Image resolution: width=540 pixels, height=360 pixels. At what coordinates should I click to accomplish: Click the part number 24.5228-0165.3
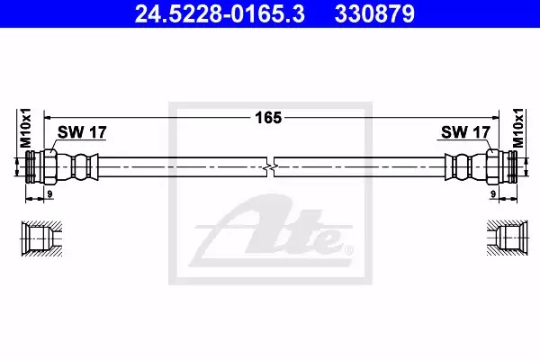(220, 14)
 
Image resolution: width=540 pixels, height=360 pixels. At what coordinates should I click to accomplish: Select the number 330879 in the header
(374, 14)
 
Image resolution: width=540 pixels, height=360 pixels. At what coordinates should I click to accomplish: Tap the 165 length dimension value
(268, 118)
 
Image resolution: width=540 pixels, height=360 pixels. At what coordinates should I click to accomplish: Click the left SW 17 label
(82, 132)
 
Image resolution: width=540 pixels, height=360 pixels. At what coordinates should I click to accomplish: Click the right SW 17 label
(465, 132)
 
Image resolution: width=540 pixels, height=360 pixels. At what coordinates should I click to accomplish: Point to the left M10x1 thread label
(25, 128)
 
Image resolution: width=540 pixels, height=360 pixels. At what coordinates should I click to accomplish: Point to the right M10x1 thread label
(517, 128)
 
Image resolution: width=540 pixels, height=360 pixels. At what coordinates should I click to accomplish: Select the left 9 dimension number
(49, 194)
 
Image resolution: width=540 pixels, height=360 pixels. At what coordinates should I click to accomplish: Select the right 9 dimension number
(493, 194)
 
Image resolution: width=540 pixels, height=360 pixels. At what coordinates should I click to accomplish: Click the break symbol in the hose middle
(271, 167)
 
